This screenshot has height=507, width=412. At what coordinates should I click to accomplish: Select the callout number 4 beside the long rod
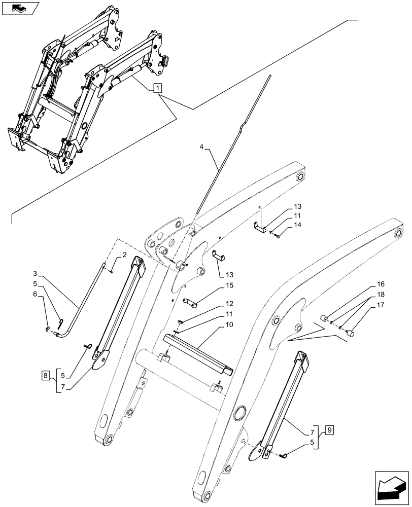click(202, 148)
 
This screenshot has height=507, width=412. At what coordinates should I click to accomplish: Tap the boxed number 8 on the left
click(45, 376)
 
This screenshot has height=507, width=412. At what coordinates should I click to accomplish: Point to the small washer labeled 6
click(48, 331)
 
